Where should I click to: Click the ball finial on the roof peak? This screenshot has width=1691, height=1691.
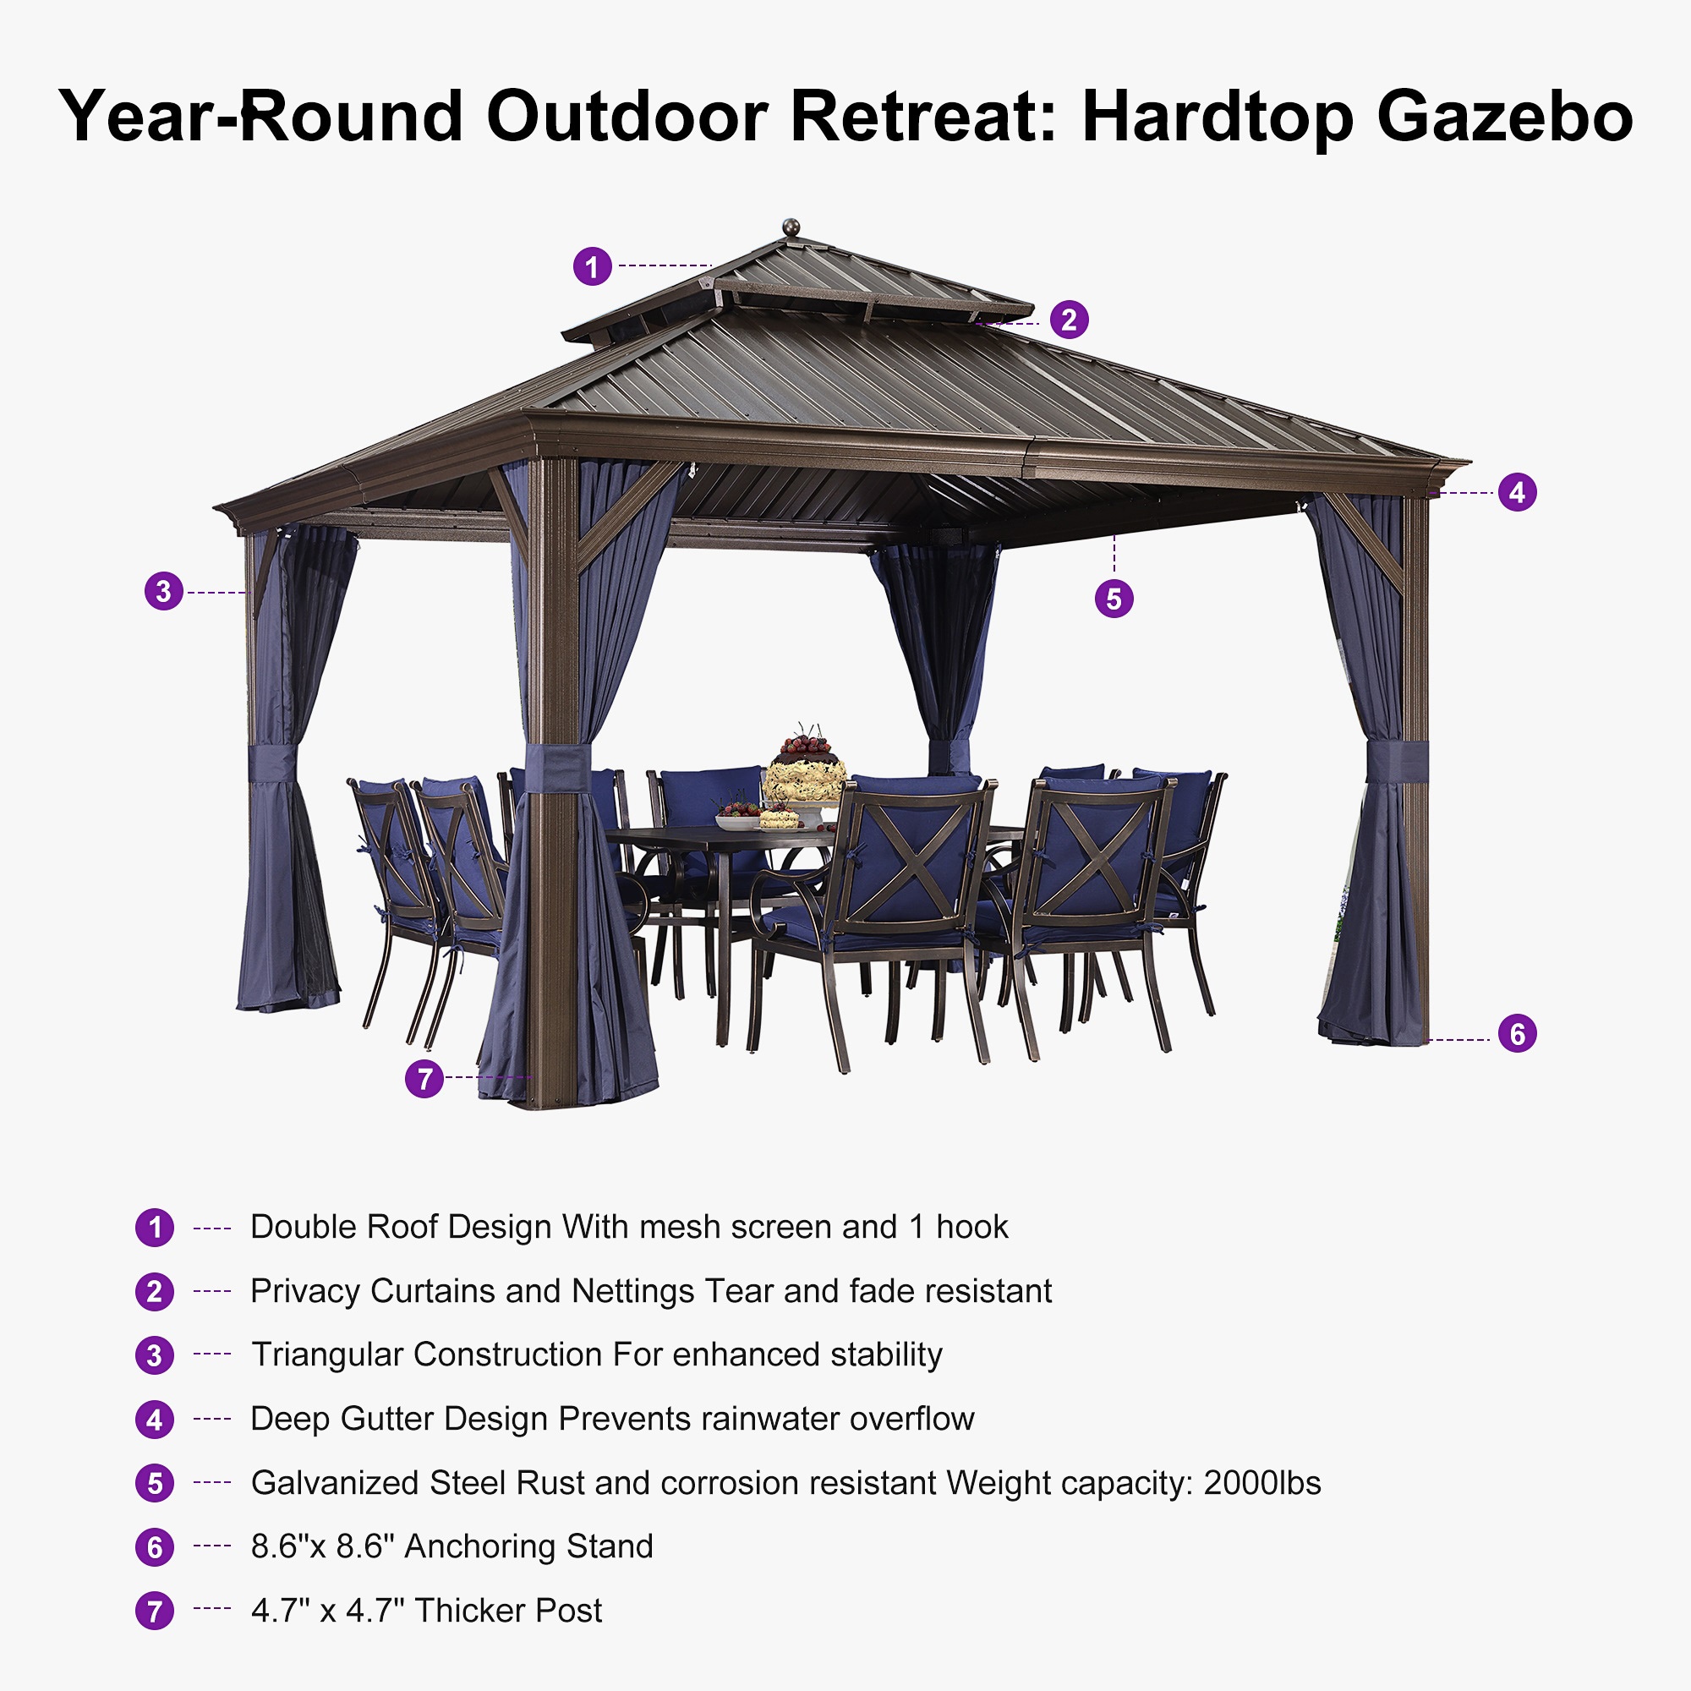tap(791, 227)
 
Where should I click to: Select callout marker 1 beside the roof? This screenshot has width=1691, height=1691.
tap(593, 266)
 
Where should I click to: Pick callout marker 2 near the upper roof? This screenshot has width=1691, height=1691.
tap(1069, 320)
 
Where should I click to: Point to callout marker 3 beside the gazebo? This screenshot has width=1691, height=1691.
tap(164, 592)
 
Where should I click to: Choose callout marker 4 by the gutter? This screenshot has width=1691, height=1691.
tap(1517, 493)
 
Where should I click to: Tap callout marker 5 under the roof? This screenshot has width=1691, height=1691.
tap(1114, 599)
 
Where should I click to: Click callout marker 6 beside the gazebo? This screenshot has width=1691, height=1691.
tap(1517, 1034)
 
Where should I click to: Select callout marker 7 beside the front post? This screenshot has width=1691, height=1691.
tap(424, 1078)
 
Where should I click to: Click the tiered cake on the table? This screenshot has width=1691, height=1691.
tap(804, 770)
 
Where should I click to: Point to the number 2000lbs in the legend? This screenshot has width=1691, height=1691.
tap(1261, 1483)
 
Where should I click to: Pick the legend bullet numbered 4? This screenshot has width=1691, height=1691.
tap(155, 1419)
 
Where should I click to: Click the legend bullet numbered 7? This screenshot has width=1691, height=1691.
tap(155, 1611)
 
